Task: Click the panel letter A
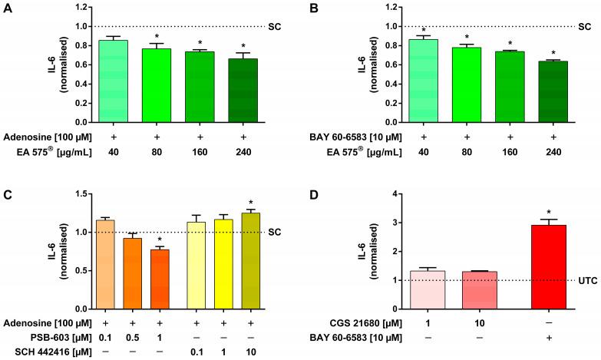(7, 10)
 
